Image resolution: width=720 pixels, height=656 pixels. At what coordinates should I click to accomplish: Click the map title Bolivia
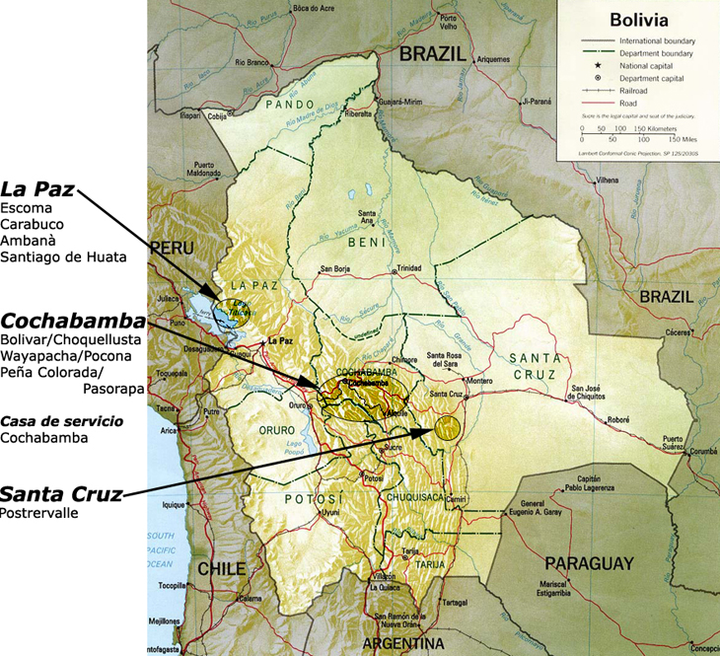[x=638, y=19]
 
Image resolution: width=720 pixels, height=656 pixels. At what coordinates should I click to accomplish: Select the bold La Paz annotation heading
[x=37, y=188]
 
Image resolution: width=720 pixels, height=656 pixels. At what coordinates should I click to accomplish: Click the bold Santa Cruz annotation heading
[x=61, y=493]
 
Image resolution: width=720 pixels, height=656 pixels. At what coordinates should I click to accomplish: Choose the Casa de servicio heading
[x=62, y=420]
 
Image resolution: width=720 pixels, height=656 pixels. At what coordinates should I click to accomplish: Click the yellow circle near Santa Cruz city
[x=448, y=426]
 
